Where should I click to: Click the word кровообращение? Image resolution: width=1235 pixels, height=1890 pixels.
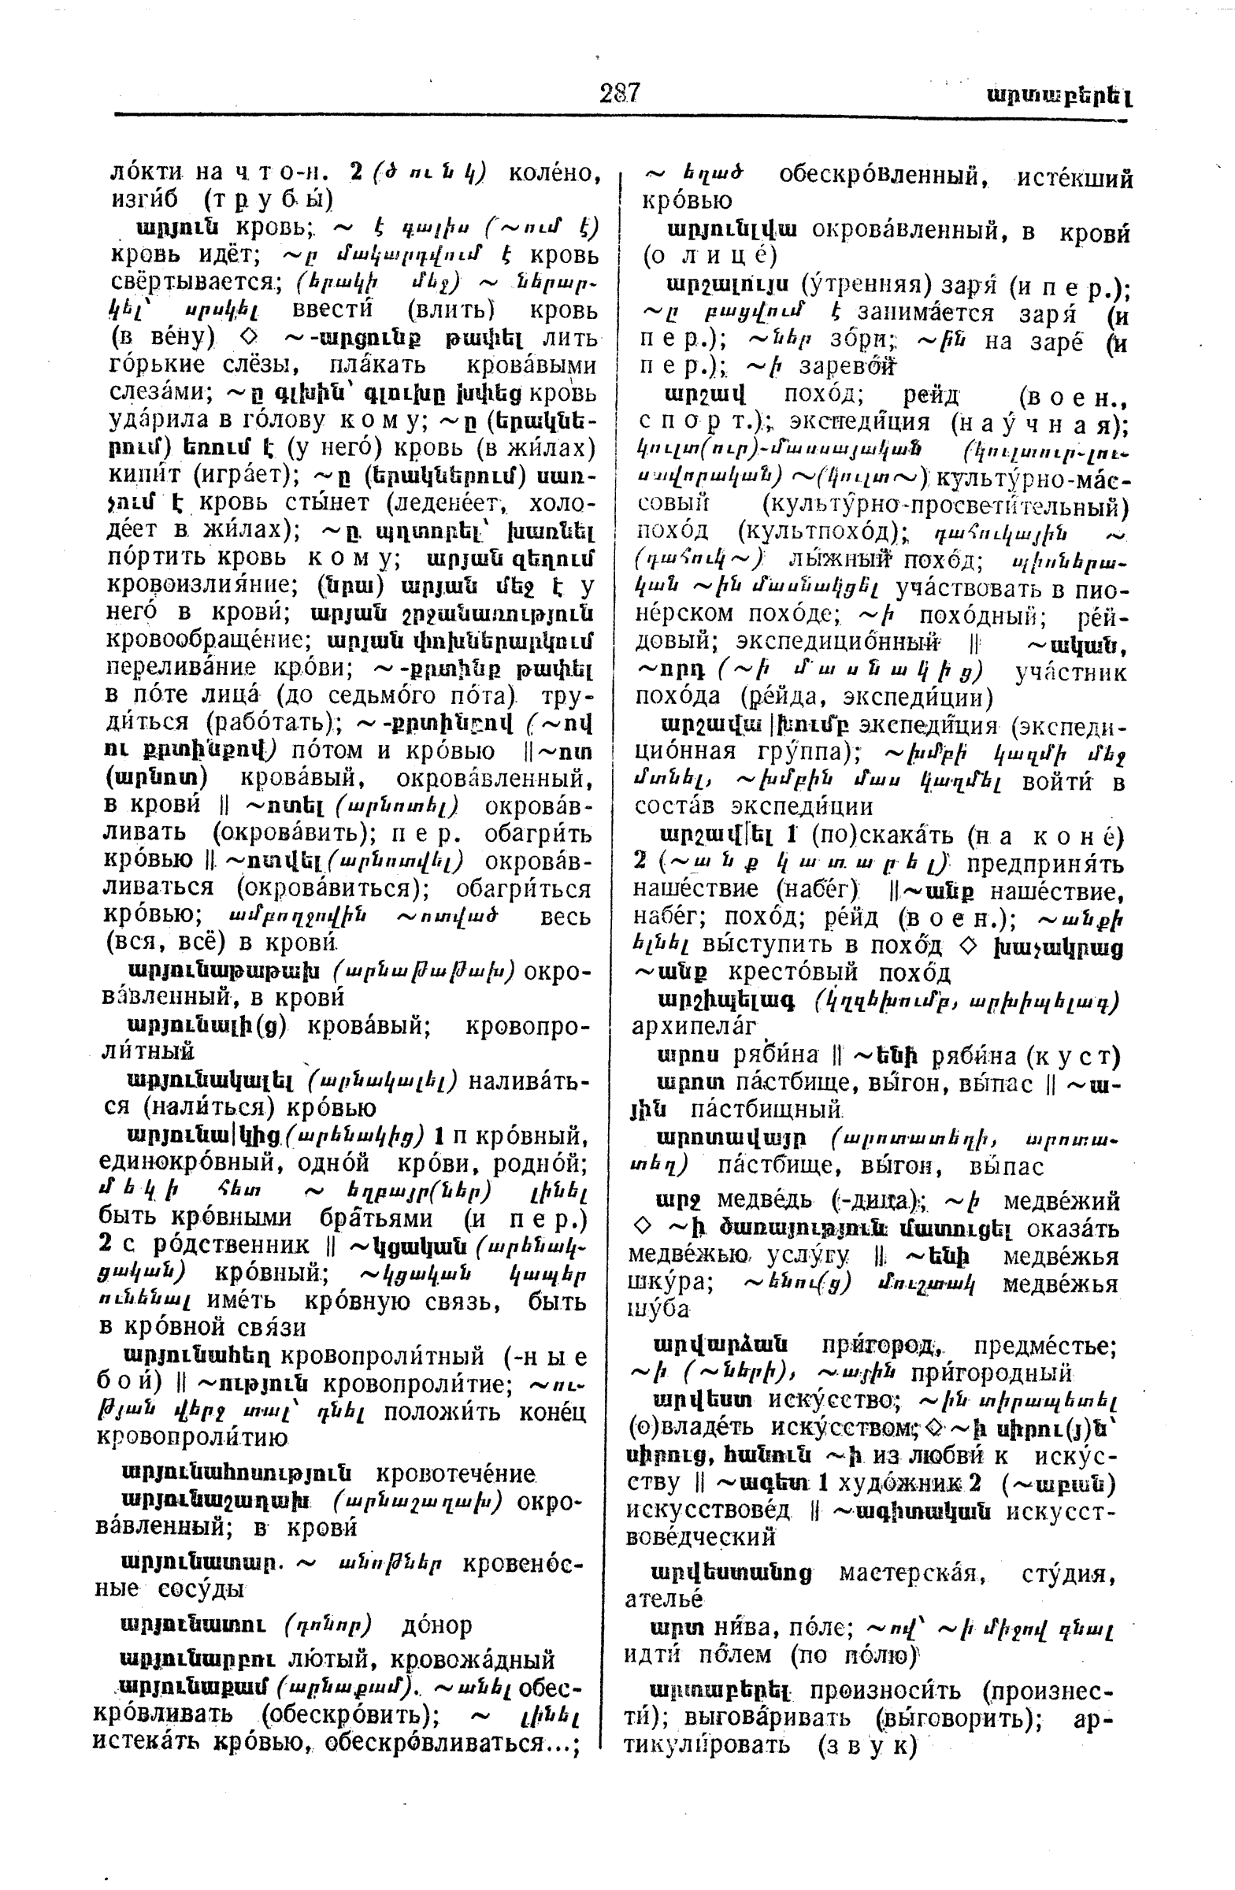coord(203,640)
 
